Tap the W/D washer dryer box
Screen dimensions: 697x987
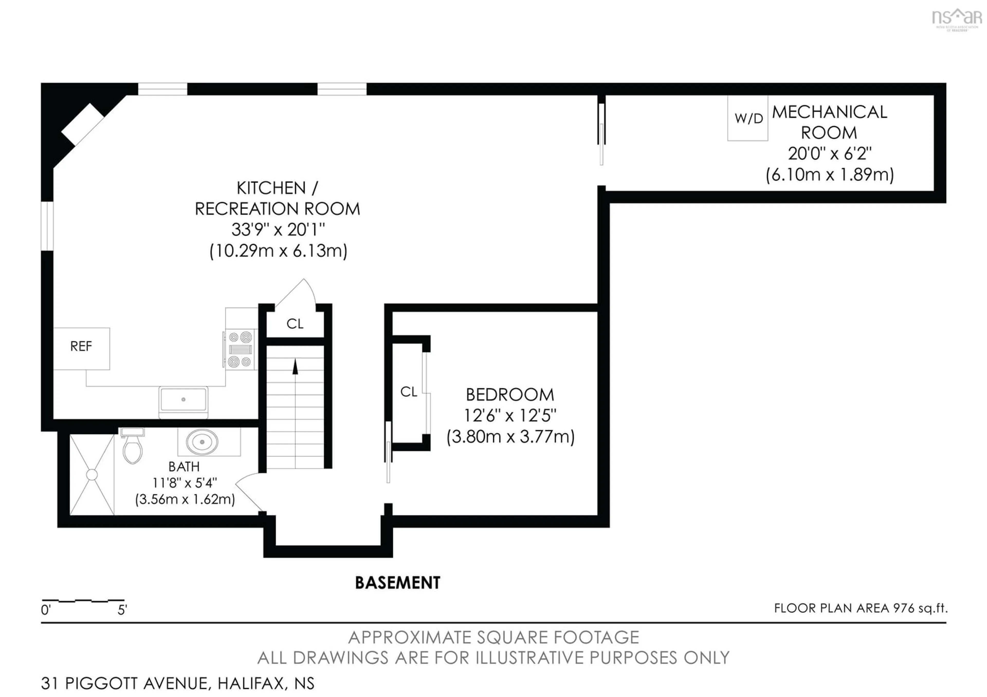[x=747, y=118]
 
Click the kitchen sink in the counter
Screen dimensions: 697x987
[x=184, y=400]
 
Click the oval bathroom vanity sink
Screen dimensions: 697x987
[x=202, y=442]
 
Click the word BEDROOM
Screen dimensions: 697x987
[x=510, y=395]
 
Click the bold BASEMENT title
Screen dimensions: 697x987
[x=398, y=583]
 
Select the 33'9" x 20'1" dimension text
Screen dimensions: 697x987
[x=278, y=230]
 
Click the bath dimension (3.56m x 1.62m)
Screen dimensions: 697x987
[x=185, y=499]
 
